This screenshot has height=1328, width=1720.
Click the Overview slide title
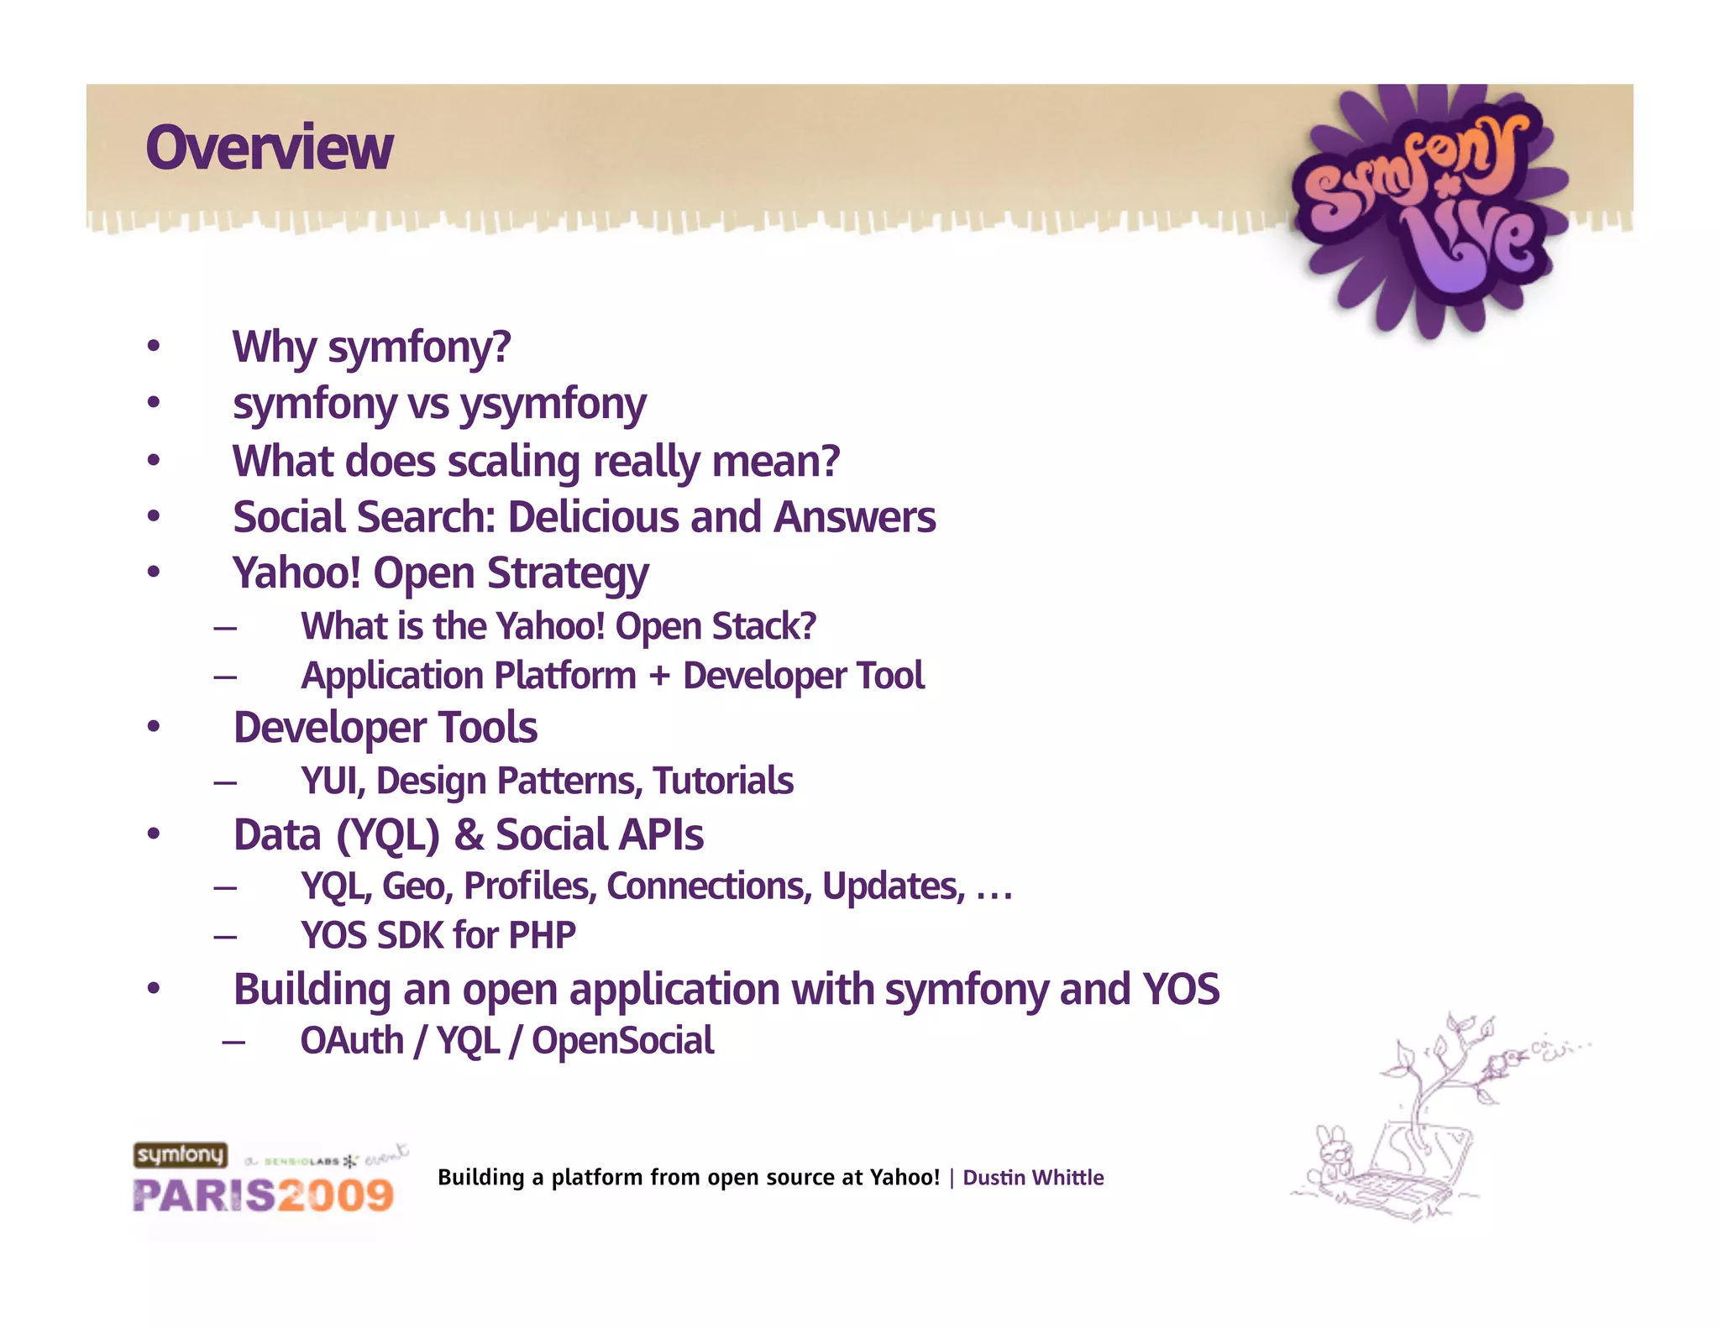(269, 148)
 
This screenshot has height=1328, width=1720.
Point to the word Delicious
(593, 517)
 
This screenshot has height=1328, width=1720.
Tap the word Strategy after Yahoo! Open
(568, 574)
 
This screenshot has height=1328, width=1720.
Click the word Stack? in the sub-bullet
(763, 626)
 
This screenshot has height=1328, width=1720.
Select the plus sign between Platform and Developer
(659, 676)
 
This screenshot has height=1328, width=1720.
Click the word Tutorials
(723, 781)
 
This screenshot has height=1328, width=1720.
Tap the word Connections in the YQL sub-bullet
(709, 886)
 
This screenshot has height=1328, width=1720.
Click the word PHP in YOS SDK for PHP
(543, 935)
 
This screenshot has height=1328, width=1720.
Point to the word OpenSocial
(622, 1041)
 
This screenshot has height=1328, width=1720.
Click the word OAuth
(352, 1041)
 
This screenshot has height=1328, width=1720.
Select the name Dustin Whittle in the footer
(1033, 1178)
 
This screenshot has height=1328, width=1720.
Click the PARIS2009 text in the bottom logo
(263, 1195)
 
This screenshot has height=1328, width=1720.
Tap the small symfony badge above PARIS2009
(180, 1155)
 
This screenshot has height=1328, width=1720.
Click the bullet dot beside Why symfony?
(153, 347)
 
